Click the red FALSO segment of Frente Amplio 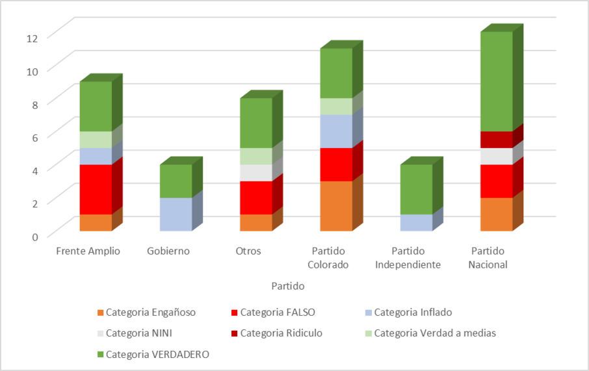(96, 189)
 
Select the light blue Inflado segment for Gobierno (176, 214)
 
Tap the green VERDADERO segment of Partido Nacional (497, 81)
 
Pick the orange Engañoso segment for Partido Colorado (336, 206)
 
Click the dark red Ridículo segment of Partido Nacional (497, 140)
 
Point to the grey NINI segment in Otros (256, 173)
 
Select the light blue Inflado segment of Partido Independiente (416, 222)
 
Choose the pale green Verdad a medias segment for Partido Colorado (336, 107)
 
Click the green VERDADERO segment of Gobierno (176, 181)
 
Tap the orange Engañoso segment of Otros (256, 222)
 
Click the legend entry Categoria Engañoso (150, 312)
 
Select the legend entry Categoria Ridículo (281, 333)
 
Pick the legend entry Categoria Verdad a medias (434, 333)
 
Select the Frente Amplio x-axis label (88, 251)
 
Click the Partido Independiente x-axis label (416, 258)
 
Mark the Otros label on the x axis (248, 251)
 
